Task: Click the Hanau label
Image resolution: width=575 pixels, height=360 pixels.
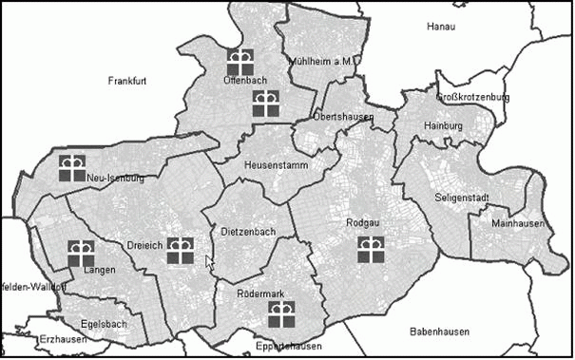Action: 443,27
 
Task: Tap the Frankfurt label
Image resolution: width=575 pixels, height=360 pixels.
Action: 126,81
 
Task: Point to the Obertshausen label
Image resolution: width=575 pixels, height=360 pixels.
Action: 342,117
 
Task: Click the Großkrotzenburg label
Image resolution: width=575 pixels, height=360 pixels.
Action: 472,97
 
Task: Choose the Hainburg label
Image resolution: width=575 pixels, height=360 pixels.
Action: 443,125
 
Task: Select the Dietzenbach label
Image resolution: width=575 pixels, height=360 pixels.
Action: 247,232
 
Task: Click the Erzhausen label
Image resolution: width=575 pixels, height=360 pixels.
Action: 37,338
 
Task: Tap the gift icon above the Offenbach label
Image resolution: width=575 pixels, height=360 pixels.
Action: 240,63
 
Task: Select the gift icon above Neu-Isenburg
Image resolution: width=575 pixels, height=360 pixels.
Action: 72,167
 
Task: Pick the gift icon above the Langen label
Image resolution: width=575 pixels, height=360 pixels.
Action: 81,253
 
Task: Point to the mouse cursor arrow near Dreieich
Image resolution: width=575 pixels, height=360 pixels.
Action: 209,262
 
